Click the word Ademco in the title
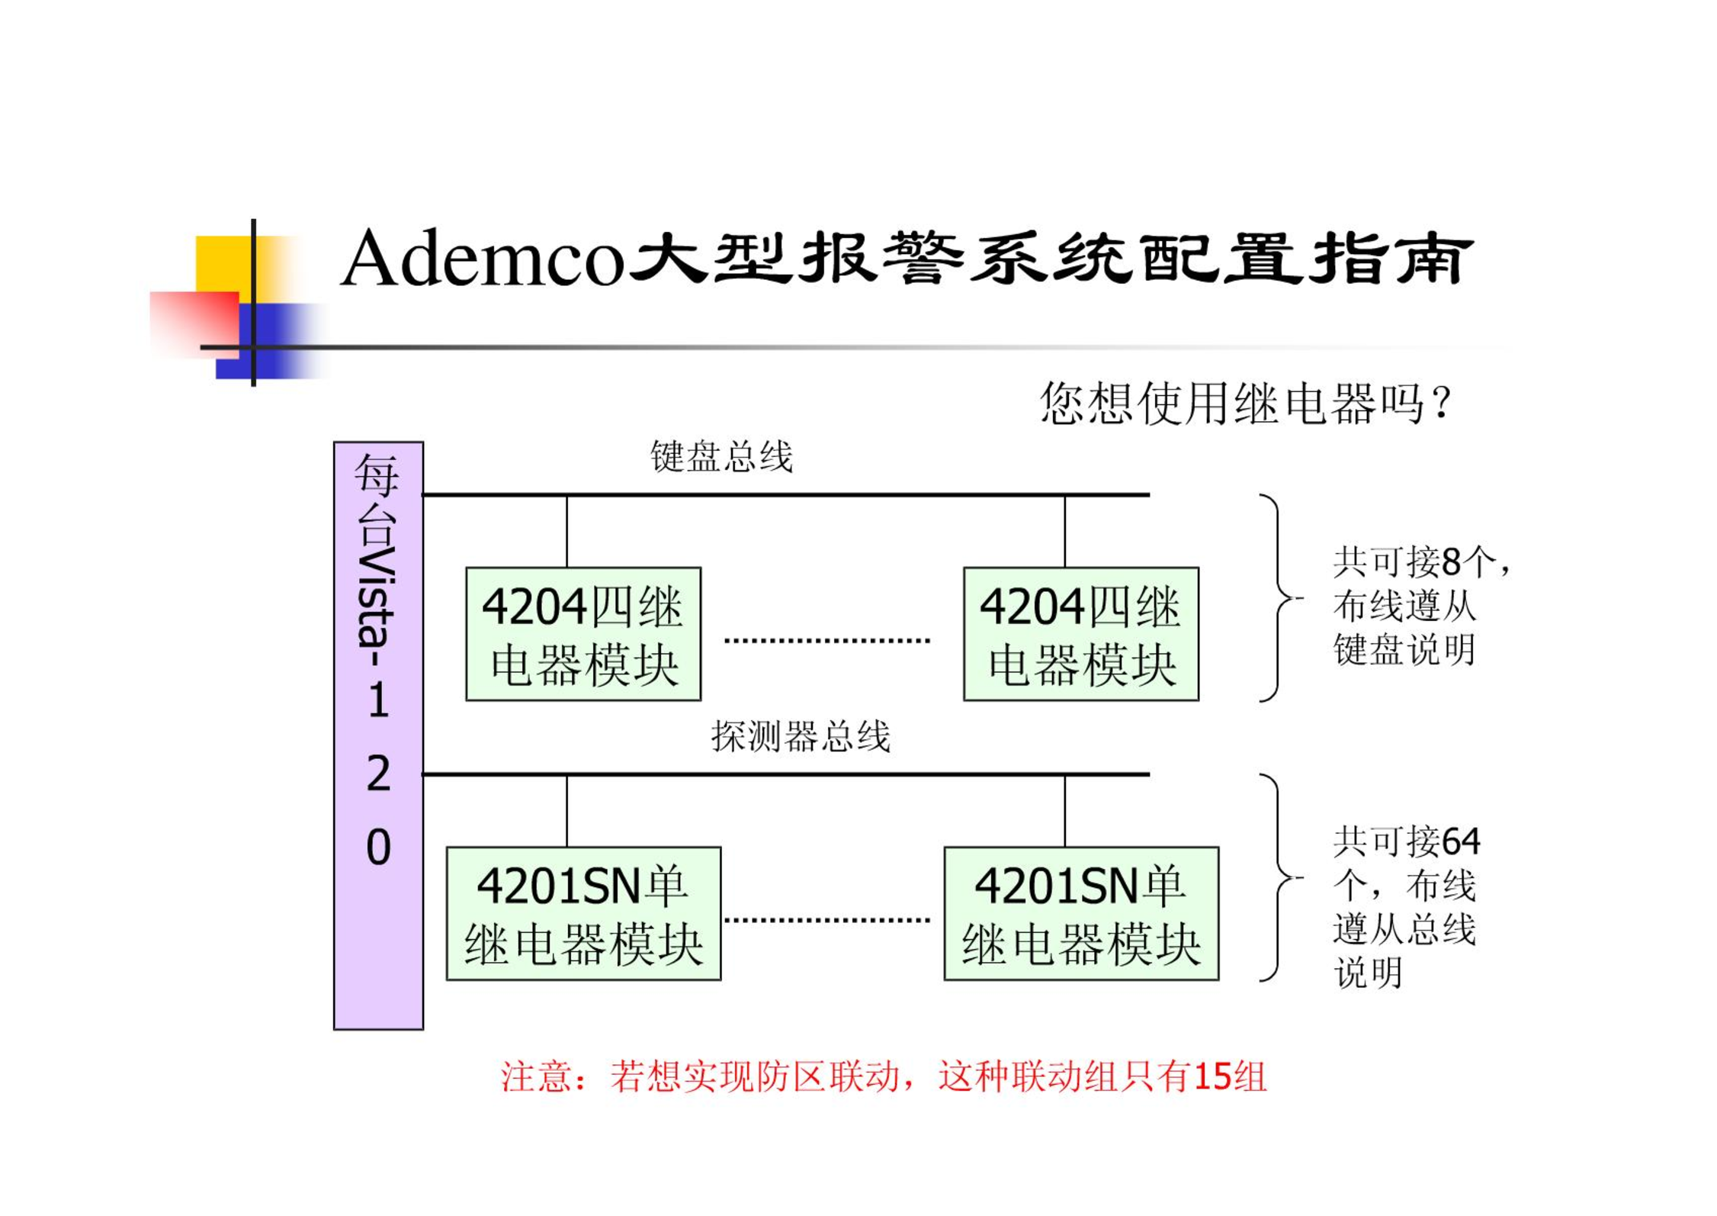(482, 259)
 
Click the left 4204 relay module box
(583, 634)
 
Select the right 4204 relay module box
(1081, 634)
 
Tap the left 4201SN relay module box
(583, 913)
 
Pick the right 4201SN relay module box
(1081, 913)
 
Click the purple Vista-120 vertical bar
(378, 735)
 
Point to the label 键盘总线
(721, 457)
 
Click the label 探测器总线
(801, 736)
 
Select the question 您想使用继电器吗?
(1246, 403)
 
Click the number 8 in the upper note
(1451, 562)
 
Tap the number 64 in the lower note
(1461, 841)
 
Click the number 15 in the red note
(1213, 1076)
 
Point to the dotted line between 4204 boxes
(827, 640)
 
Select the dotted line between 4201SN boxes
(827, 919)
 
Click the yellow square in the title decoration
(223, 263)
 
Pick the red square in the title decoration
(194, 324)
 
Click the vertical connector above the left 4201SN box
(566, 811)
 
